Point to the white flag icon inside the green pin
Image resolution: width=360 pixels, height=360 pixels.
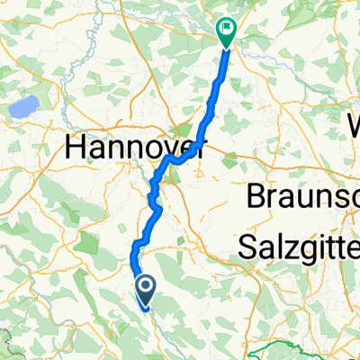[226, 29]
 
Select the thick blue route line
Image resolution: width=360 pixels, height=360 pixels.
[213, 108]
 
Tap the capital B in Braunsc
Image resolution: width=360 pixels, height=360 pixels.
[256, 196]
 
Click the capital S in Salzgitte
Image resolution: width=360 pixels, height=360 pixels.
[248, 247]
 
